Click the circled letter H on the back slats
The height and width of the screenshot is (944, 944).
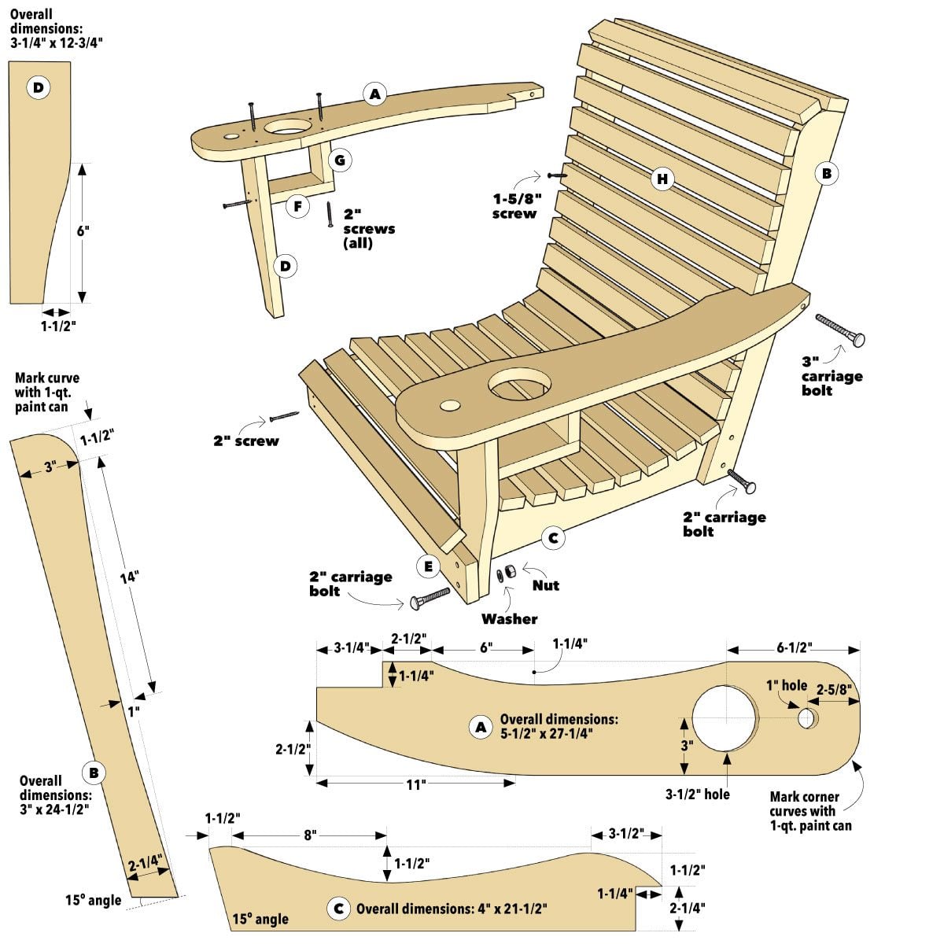(662, 179)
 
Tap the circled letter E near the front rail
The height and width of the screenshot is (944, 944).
(428, 566)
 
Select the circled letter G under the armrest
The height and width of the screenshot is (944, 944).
(340, 160)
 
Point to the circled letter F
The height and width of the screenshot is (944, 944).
(297, 207)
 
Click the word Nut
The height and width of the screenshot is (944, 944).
(545, 585)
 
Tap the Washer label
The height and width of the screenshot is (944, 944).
(509, 619)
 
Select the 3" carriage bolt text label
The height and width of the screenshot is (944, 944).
(832, 375)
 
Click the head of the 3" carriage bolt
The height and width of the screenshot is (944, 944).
(857, 339)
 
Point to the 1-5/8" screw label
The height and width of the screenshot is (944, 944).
(515, 206)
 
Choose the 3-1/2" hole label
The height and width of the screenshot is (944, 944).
(698, 794)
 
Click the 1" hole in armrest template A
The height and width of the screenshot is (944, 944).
(806, 717)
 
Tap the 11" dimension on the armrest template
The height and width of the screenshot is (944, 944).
(415, 784)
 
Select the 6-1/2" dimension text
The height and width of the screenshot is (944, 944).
(794, 647)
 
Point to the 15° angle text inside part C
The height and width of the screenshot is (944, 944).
(260, 918)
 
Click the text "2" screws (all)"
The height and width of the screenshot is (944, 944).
(368, 228)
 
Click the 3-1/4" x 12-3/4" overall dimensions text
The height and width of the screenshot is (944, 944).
(56, 28)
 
